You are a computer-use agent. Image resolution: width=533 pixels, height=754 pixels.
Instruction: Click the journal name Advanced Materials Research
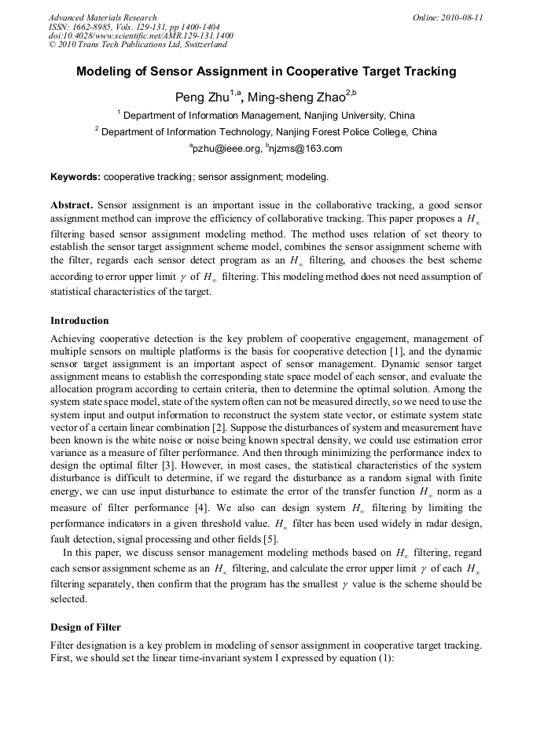pyautogui.click(x=102, y=17)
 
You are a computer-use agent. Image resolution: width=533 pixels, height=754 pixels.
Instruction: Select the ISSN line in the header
pyautogui.click(x=134, y=27)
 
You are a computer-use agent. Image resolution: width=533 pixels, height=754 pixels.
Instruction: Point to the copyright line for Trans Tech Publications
pyautogui.click(x=138, y=45)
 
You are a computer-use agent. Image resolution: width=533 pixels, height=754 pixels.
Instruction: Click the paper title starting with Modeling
pyautogui.click(x=266, y=72)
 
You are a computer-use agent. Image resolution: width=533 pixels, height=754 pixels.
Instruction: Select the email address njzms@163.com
pyautogui.click(x=307, y=149)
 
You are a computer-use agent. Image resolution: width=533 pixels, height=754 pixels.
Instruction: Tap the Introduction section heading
pyautogui.click(x=79, y=321)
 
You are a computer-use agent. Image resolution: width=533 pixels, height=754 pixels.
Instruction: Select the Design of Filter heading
pyautogui.click(x=86, y=627)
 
